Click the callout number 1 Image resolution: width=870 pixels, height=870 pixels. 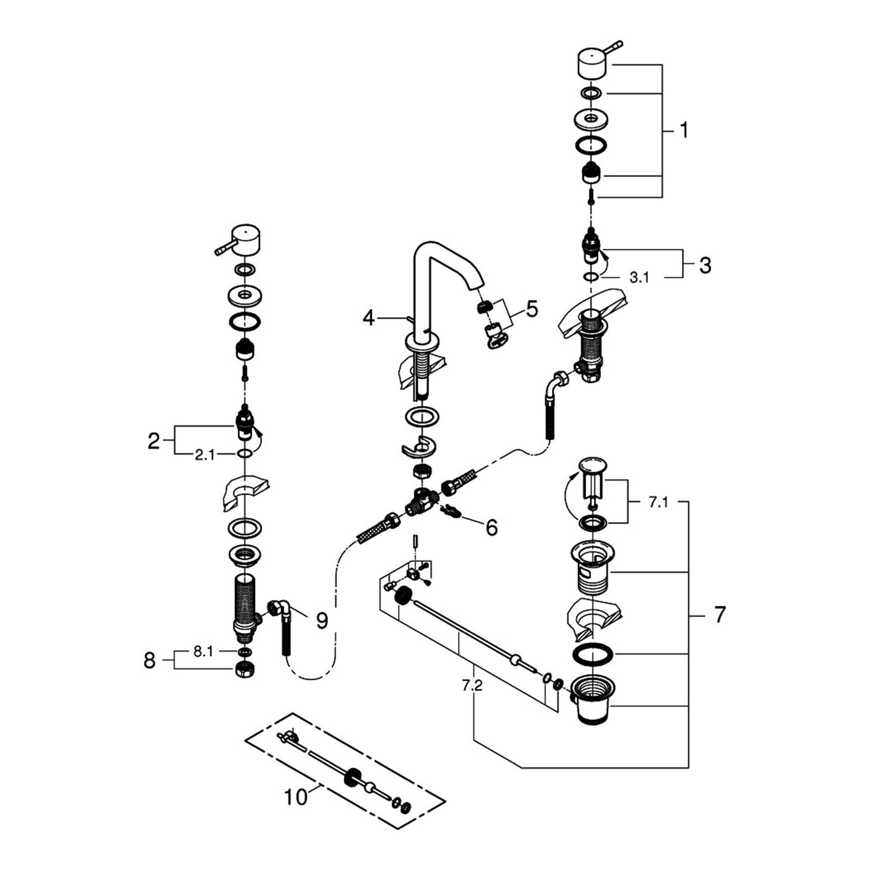(684, 130)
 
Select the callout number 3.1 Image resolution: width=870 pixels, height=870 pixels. (639, 278)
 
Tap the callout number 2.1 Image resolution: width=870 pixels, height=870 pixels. (205, 455)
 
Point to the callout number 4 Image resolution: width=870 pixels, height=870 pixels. (369, 318)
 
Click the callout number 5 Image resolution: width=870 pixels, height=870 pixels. (532, 309)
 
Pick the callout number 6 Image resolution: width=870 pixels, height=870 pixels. (492, 527)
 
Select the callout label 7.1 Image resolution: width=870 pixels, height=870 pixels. (658, 502)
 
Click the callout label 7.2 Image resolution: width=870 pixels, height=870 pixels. (472, 686)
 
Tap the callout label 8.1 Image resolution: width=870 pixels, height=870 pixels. (203, 651)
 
